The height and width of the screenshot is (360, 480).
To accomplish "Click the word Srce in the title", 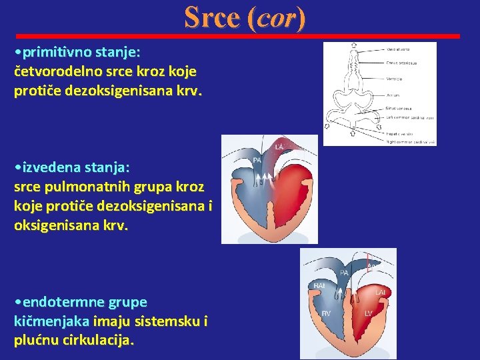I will click(211, 17).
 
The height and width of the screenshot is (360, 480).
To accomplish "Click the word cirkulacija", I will click(100, 341).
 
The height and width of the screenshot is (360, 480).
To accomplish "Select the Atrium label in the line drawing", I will click(393, 95).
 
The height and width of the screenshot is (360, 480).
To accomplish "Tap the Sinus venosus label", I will click(399, 108).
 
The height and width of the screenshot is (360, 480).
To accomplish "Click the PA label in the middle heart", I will click(256, 161).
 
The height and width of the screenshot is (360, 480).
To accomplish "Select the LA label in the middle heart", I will click(281, 147).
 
